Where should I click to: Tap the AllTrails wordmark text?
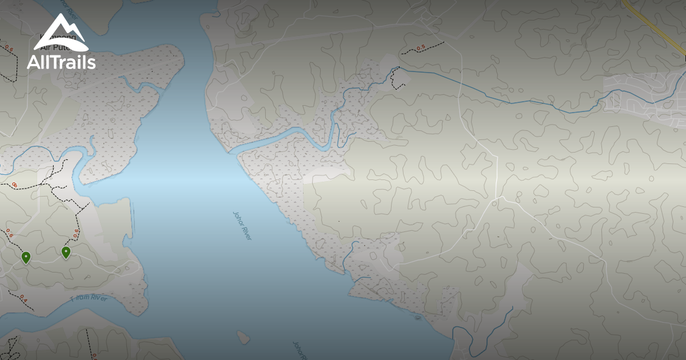[x=61, y=62]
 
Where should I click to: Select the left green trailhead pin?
[x=26, y=258]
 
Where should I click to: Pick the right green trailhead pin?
[x=66, y=252]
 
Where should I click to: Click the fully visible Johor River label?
[x=242, y=225]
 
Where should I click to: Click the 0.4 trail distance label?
[x=23, y=297]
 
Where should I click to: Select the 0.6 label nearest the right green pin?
[x=76, y=232]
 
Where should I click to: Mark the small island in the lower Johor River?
[x=244, y=337]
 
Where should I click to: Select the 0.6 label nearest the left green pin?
[x=9, y=233]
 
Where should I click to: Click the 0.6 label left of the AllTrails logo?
[x=9, y=49]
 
